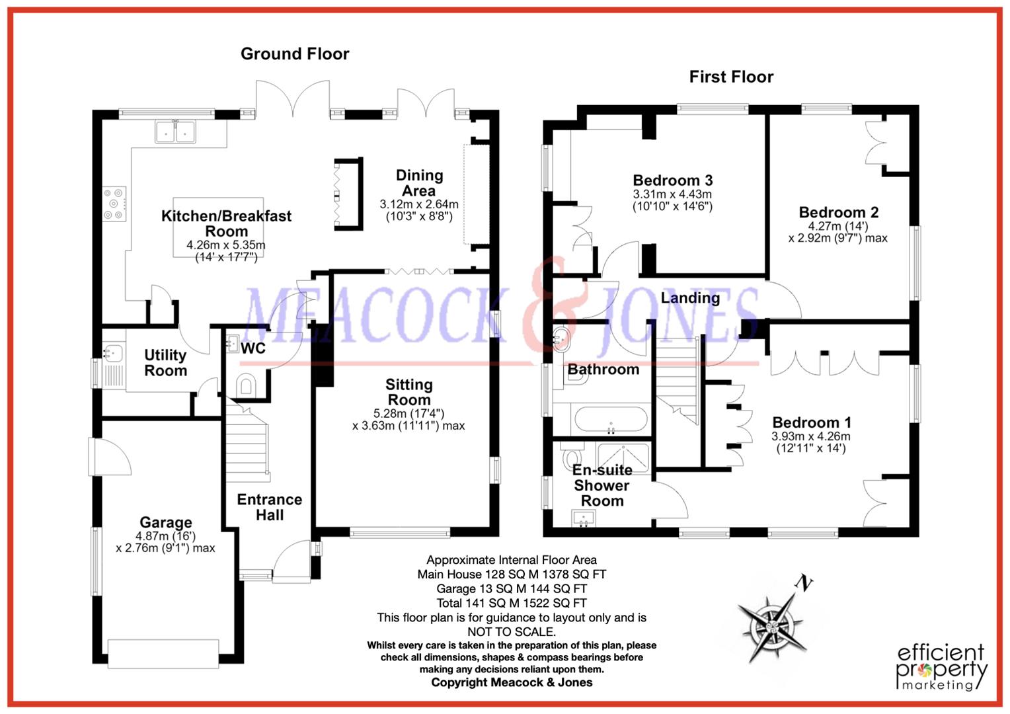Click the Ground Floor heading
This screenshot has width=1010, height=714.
point(295,54)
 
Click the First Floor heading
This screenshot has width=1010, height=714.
point(731,77)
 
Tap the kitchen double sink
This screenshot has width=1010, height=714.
point(175,132)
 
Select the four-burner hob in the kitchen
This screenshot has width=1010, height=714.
point(114,204)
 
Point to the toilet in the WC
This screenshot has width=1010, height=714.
point(246,385)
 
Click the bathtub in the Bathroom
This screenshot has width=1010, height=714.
point(611,420)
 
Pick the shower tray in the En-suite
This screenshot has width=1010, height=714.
point(623,457)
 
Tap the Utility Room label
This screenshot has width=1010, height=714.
point(165,363)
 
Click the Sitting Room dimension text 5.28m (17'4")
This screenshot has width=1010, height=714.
point(409,413)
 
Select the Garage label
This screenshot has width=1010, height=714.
point(166,522)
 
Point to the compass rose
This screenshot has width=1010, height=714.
point(772,626)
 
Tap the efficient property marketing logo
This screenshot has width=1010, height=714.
point(941,667)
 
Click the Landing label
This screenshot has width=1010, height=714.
point(690,297)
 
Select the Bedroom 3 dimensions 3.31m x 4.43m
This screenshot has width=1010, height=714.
point(672,194)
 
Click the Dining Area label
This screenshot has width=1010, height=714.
point(419,182)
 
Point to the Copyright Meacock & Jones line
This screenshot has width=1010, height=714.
point(512,682)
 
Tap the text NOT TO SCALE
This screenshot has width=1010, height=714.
point(512,631)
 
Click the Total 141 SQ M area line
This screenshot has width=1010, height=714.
point(512,603)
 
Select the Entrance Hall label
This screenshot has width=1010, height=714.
point(270,508)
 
